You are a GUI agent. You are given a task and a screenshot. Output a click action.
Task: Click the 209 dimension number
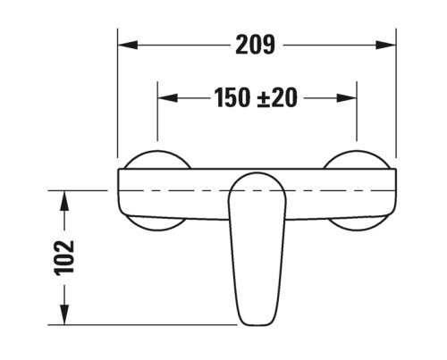(255, 44)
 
